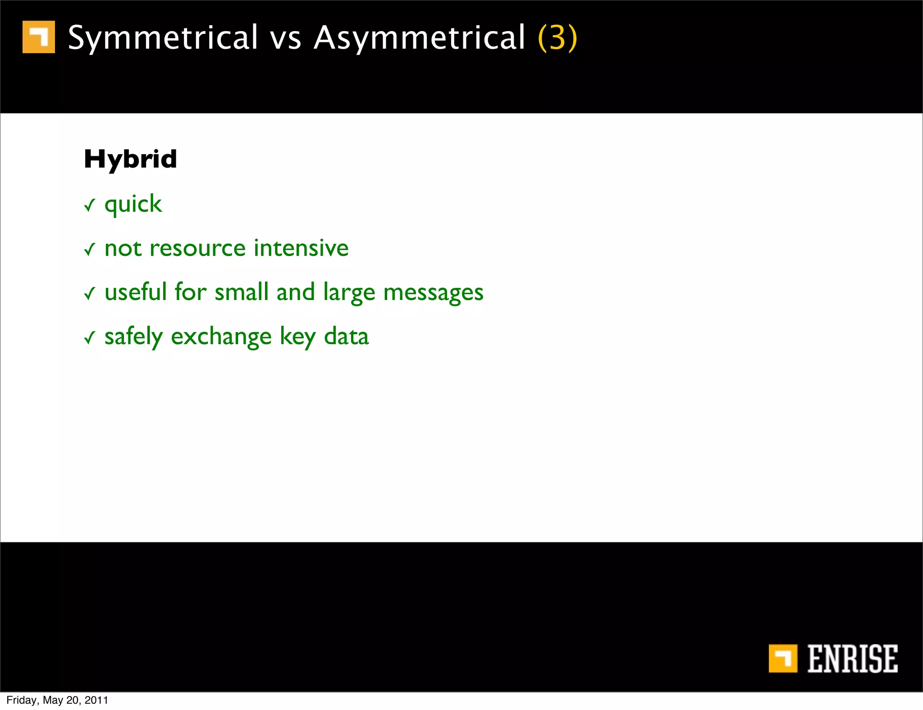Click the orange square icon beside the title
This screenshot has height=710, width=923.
coord(39,37)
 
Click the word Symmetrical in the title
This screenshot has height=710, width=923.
coord(163,38)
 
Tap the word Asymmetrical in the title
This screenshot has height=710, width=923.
coord(420,38)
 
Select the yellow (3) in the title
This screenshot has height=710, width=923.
coord(557,38)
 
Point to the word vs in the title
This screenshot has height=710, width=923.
coord(285,39)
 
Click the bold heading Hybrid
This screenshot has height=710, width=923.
coord(130,159)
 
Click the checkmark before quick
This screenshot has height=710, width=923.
coord(90,206)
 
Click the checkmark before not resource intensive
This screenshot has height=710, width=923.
coord(90,249)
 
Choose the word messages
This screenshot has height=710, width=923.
coord(433,293)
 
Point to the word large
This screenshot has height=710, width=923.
coord(349,293)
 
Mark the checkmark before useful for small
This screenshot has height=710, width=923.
coord(90,294)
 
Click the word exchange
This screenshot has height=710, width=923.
coord(221,337)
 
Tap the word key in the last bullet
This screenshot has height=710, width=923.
coord(297,337)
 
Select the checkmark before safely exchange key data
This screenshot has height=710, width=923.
coord(90,337)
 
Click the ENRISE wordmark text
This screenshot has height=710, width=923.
coord(852,659)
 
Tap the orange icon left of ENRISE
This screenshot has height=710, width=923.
coord(783,659)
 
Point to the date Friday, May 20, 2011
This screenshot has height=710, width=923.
coord(57,700)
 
